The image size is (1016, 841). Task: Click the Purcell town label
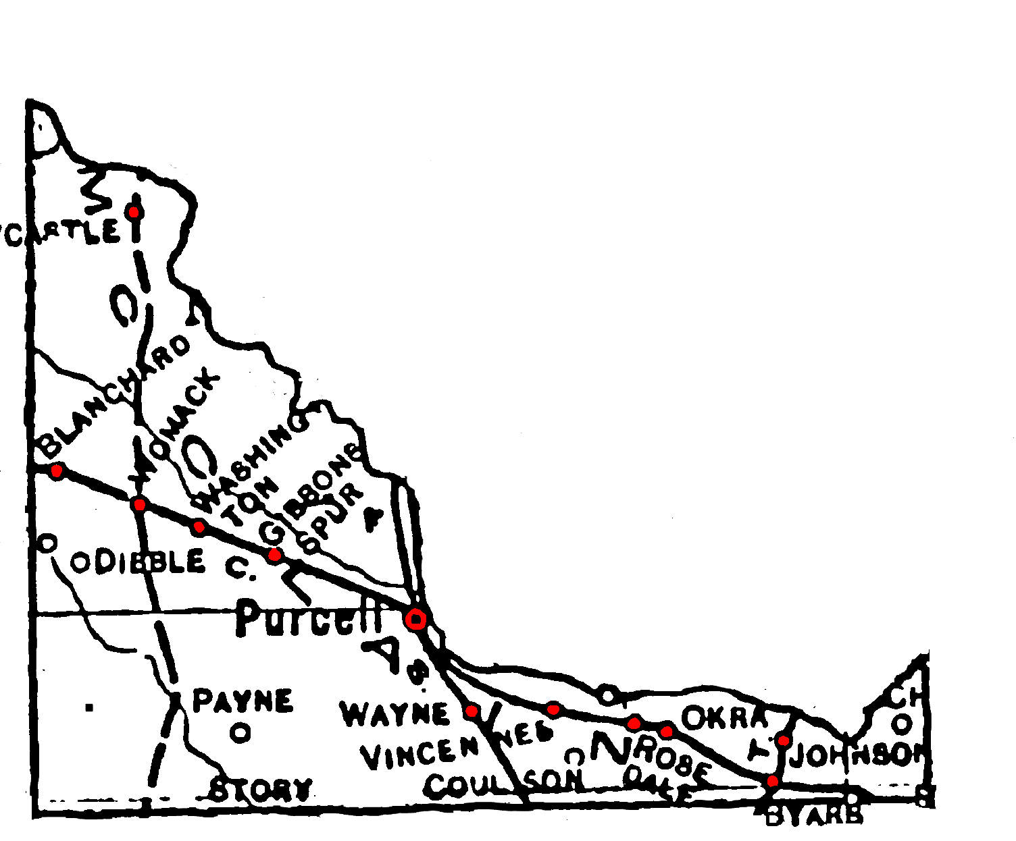307,618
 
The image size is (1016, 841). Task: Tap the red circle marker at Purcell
416,619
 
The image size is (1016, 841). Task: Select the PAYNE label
243,701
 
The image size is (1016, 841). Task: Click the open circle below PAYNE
240,732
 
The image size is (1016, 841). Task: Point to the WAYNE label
395,714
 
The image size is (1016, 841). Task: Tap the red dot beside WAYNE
472,711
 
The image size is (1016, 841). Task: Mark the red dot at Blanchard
57,470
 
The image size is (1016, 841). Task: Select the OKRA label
724,717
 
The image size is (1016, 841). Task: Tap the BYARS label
815,817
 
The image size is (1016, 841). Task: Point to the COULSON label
504,783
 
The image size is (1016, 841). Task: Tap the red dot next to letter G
274,555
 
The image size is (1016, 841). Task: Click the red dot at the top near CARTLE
134,212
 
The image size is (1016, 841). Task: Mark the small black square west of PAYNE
89,707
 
